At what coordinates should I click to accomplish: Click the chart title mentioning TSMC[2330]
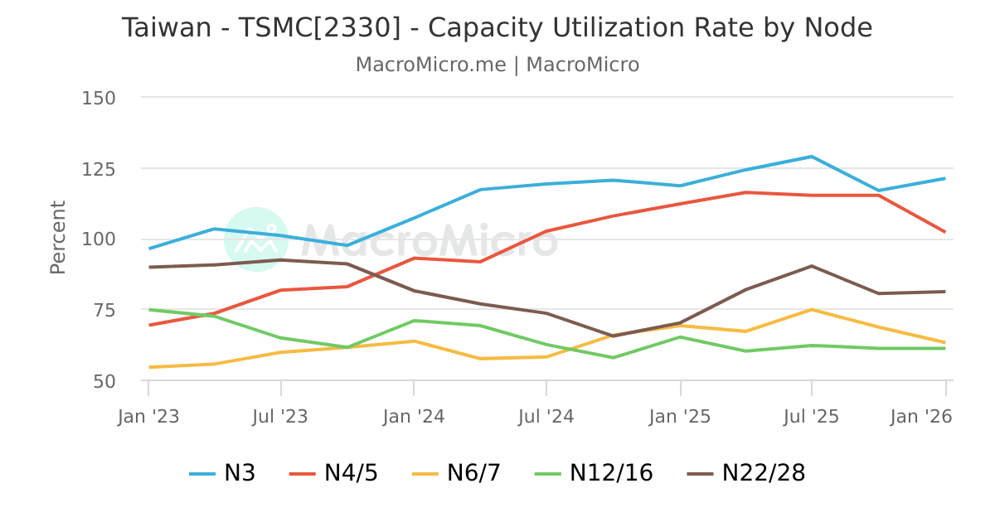point(497,28)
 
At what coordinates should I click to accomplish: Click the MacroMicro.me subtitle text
point(497,65)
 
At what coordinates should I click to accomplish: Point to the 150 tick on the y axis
point(99,98)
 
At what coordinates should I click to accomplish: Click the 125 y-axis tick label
point(99,169)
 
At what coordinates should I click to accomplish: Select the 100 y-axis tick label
point(99,239)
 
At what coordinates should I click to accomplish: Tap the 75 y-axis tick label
point(104,311)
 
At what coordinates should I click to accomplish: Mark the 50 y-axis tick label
point(104,381)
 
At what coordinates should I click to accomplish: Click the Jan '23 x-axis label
point(148,417)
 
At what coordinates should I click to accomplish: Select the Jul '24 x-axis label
point(546,417)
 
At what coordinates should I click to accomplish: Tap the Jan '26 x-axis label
point(920,417)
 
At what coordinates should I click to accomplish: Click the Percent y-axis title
point(57,237)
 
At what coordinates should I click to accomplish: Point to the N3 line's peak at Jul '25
point(812,157)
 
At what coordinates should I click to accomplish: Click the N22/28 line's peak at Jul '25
point(812,266)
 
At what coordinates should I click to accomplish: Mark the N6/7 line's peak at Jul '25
point(812,310)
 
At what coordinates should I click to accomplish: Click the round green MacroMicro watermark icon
point(256,239)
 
